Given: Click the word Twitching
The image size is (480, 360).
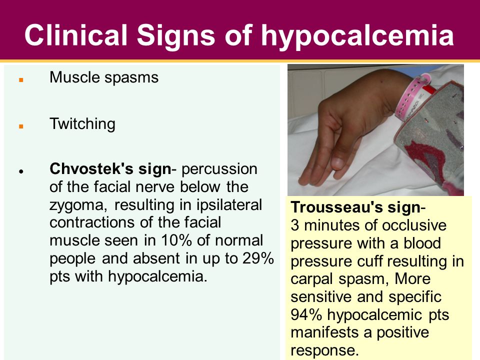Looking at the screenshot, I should [82, 124].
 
